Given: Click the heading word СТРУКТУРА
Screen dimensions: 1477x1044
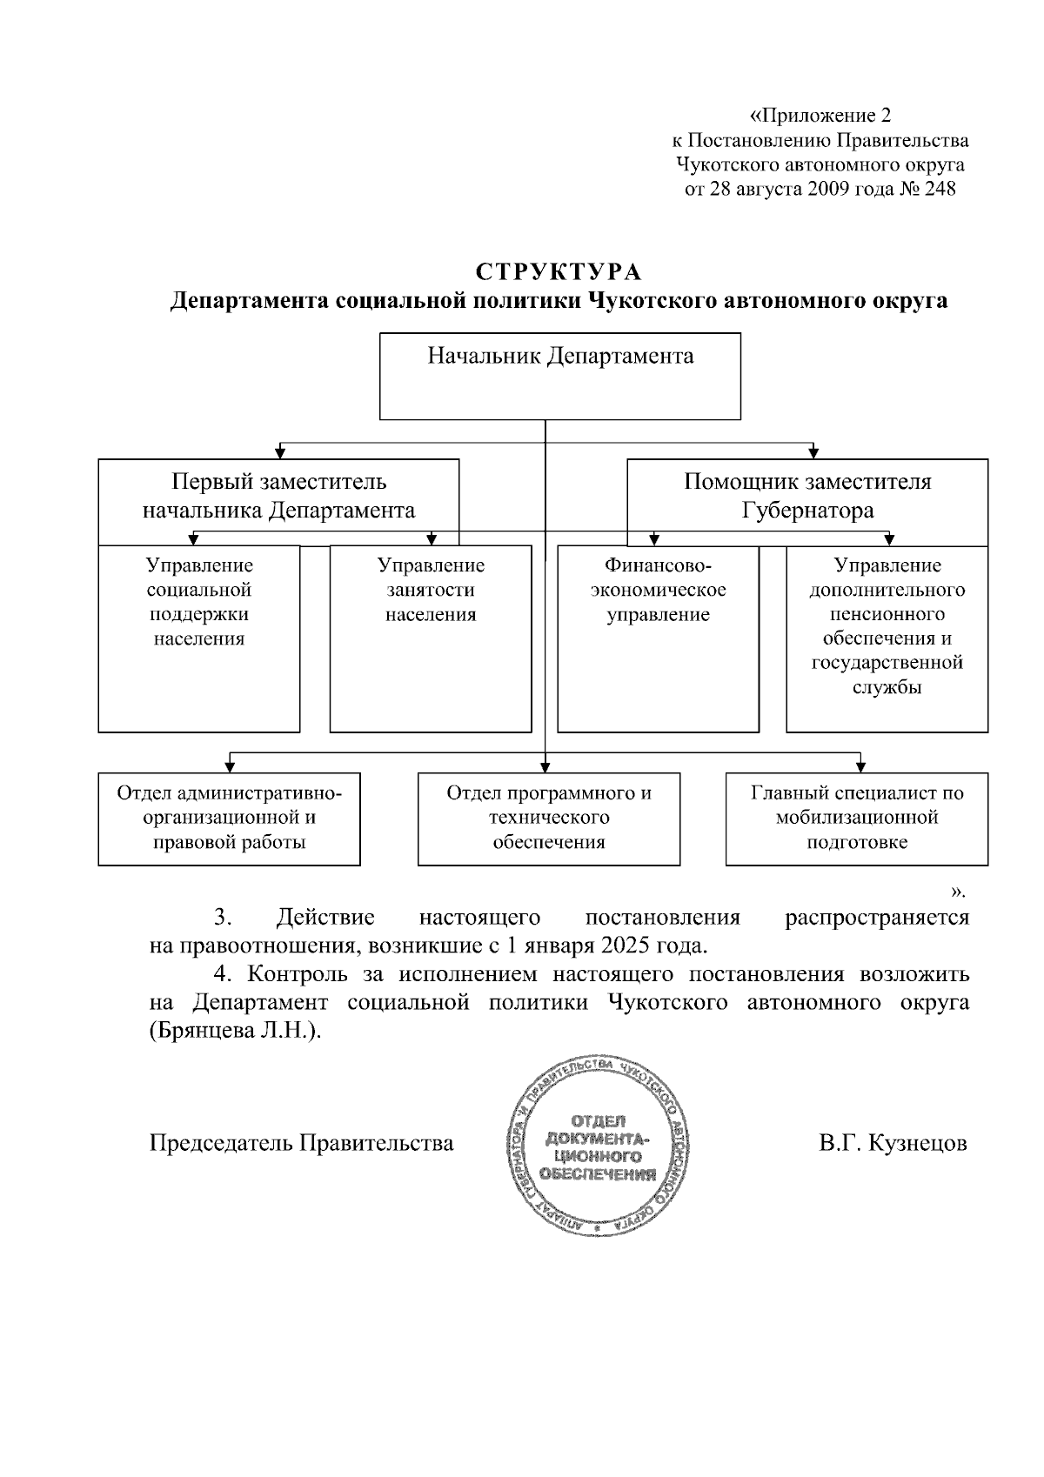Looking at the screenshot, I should point(558,272).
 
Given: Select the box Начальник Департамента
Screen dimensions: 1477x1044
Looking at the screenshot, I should point(559,376).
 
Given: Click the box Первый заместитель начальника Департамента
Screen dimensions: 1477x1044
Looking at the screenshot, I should point(278,496).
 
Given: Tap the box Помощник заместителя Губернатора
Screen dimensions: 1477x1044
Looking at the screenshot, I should point(807,496).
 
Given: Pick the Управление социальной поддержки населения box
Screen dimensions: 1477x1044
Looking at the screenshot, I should point(198,638).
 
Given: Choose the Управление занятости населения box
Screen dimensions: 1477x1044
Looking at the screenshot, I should point(431,638).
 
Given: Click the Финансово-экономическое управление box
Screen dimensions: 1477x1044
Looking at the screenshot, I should point(658,638).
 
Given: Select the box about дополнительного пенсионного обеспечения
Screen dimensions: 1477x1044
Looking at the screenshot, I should point(887,638).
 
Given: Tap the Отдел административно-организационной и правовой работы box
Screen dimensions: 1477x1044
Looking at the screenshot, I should point(229,818).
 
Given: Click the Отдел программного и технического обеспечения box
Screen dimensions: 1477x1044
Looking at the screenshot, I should point(548,818).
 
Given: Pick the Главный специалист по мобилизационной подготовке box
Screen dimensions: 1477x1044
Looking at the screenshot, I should point(856,818).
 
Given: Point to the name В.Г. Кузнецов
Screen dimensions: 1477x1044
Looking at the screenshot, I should point(893,1143).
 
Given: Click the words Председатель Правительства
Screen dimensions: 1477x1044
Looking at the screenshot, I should point(302,1143).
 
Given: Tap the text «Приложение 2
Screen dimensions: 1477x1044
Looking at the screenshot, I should point(820,116).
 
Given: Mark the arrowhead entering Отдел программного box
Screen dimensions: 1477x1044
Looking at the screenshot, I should point(545,766).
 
